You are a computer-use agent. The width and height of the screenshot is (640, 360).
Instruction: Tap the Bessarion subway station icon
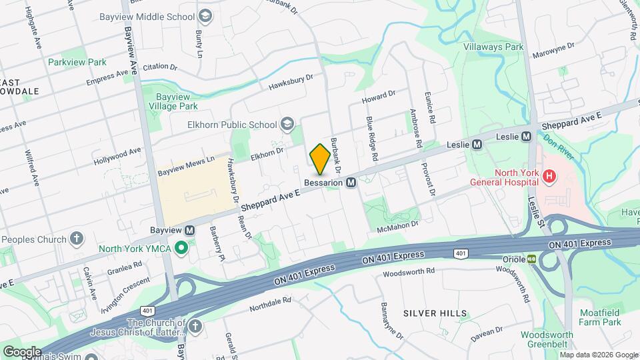[351, 182]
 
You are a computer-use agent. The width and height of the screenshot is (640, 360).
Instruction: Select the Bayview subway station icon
[190, 231]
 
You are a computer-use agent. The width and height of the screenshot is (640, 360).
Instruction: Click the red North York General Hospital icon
[549, 177]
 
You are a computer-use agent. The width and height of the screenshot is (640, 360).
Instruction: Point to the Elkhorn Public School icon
[287, 124]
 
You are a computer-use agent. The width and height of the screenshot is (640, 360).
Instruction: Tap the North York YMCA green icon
[180, 249]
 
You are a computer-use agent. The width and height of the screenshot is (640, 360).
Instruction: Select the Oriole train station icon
[532, 259]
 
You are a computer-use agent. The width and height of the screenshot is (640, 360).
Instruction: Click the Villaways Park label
[493, 47]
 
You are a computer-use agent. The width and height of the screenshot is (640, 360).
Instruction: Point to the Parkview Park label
[77, 62]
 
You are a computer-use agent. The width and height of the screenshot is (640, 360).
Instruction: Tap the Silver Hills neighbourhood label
[435, 313]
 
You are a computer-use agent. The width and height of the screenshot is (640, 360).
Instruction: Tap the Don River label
[559, 146]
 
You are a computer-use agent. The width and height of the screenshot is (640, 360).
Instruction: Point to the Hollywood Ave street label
[117, 158]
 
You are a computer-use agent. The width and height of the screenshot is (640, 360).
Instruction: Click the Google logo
[21, 351]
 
